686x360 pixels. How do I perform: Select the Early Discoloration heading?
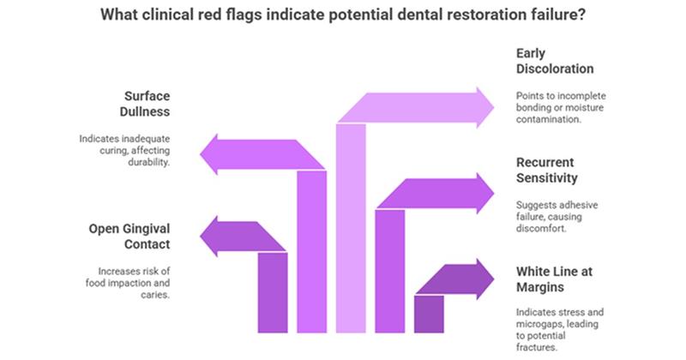coord(556,58)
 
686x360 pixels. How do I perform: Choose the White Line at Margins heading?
coord(555,279)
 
